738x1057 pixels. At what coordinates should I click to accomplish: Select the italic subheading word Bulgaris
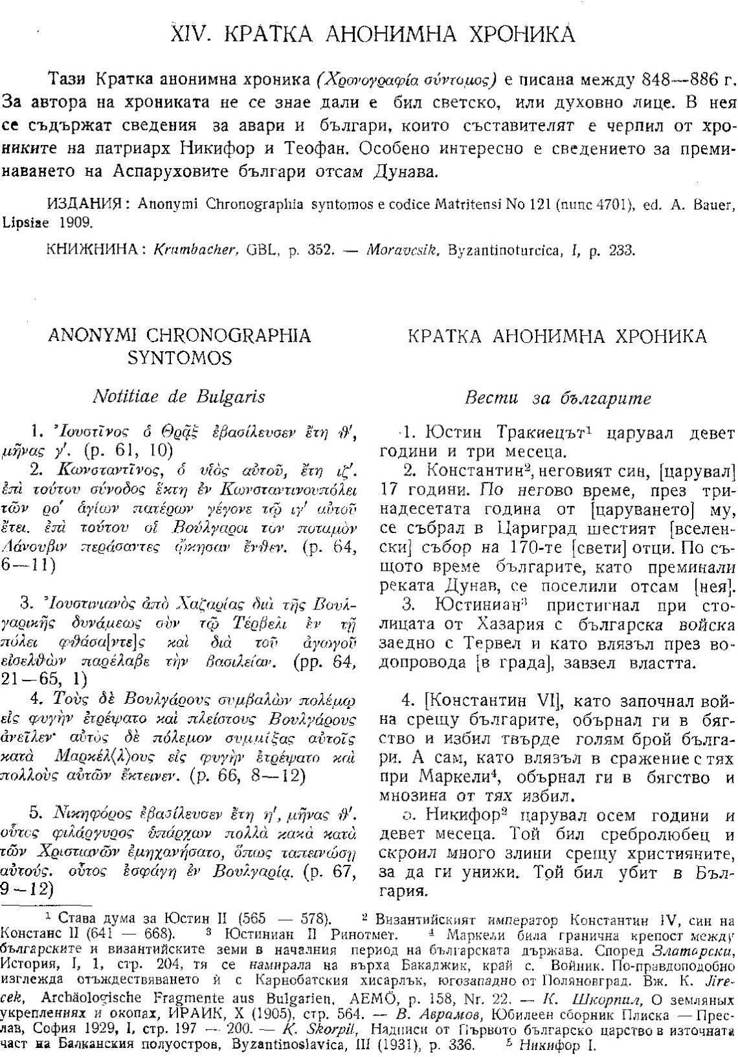(228, 397)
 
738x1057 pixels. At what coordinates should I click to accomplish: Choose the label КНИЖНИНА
(93, 249)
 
